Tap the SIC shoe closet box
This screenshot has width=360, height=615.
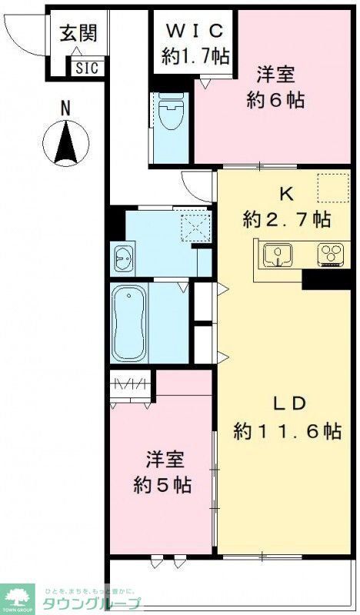pos(86,67)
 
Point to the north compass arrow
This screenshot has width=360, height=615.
pos(66,144)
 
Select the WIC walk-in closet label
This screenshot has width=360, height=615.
pos(193,42)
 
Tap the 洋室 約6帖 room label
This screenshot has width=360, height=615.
pos(275,87)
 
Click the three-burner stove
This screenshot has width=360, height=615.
pos(332,253)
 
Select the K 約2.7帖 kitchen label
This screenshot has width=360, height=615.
pos(286,208)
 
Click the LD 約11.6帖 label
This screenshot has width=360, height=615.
pos(288,417)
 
